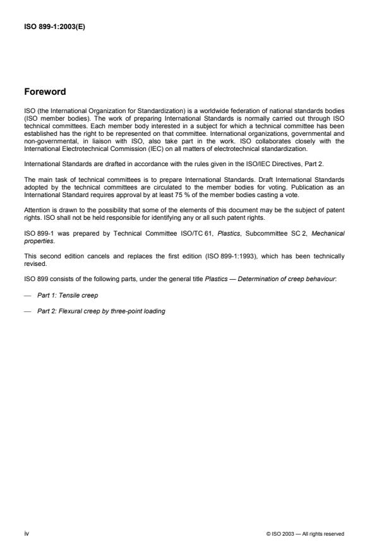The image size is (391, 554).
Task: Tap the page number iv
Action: [27, 533]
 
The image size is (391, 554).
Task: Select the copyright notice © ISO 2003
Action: [305, 534]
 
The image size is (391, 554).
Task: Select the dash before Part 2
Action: [28, 311]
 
